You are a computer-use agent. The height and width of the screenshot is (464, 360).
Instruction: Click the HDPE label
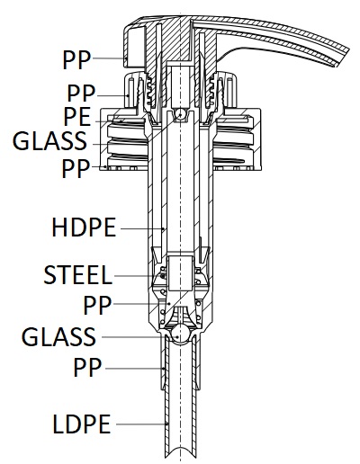[x=84, y=228]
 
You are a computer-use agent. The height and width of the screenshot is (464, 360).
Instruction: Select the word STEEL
[x=77, y=275]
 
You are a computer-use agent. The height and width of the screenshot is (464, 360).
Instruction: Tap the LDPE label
[x=82, y=424]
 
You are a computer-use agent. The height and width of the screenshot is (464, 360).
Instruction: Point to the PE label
[x=76, y=116]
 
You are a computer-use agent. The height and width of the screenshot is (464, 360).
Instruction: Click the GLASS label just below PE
[x=49, y=140]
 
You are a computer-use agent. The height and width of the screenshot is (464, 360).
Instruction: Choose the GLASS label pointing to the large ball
[x=58, y=336]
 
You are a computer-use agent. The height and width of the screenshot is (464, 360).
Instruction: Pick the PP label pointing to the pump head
[x=76, y=59]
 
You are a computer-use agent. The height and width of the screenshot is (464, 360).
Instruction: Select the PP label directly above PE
[x=81, y=94]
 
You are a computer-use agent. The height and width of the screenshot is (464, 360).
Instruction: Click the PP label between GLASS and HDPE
[x=76, y=168]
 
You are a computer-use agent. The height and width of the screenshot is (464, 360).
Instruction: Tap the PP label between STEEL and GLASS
[x=97, y=305]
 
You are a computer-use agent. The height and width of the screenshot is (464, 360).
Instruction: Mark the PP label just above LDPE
[x=87, y=367]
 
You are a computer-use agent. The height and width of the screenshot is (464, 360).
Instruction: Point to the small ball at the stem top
[x=181, y=114]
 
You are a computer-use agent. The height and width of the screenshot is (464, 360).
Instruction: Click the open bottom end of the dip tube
[x=181, y=453]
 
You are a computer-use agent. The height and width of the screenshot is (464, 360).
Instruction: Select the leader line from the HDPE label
[x=142, y=229]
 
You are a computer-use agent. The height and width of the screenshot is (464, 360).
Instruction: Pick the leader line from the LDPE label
[x=141, y=424]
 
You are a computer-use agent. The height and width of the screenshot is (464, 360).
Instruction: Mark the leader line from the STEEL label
[x=139, y=276]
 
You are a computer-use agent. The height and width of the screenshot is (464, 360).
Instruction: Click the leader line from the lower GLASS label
[x=140, y=337]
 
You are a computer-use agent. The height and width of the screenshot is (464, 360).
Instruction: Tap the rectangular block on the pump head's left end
[x=135, y=47]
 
